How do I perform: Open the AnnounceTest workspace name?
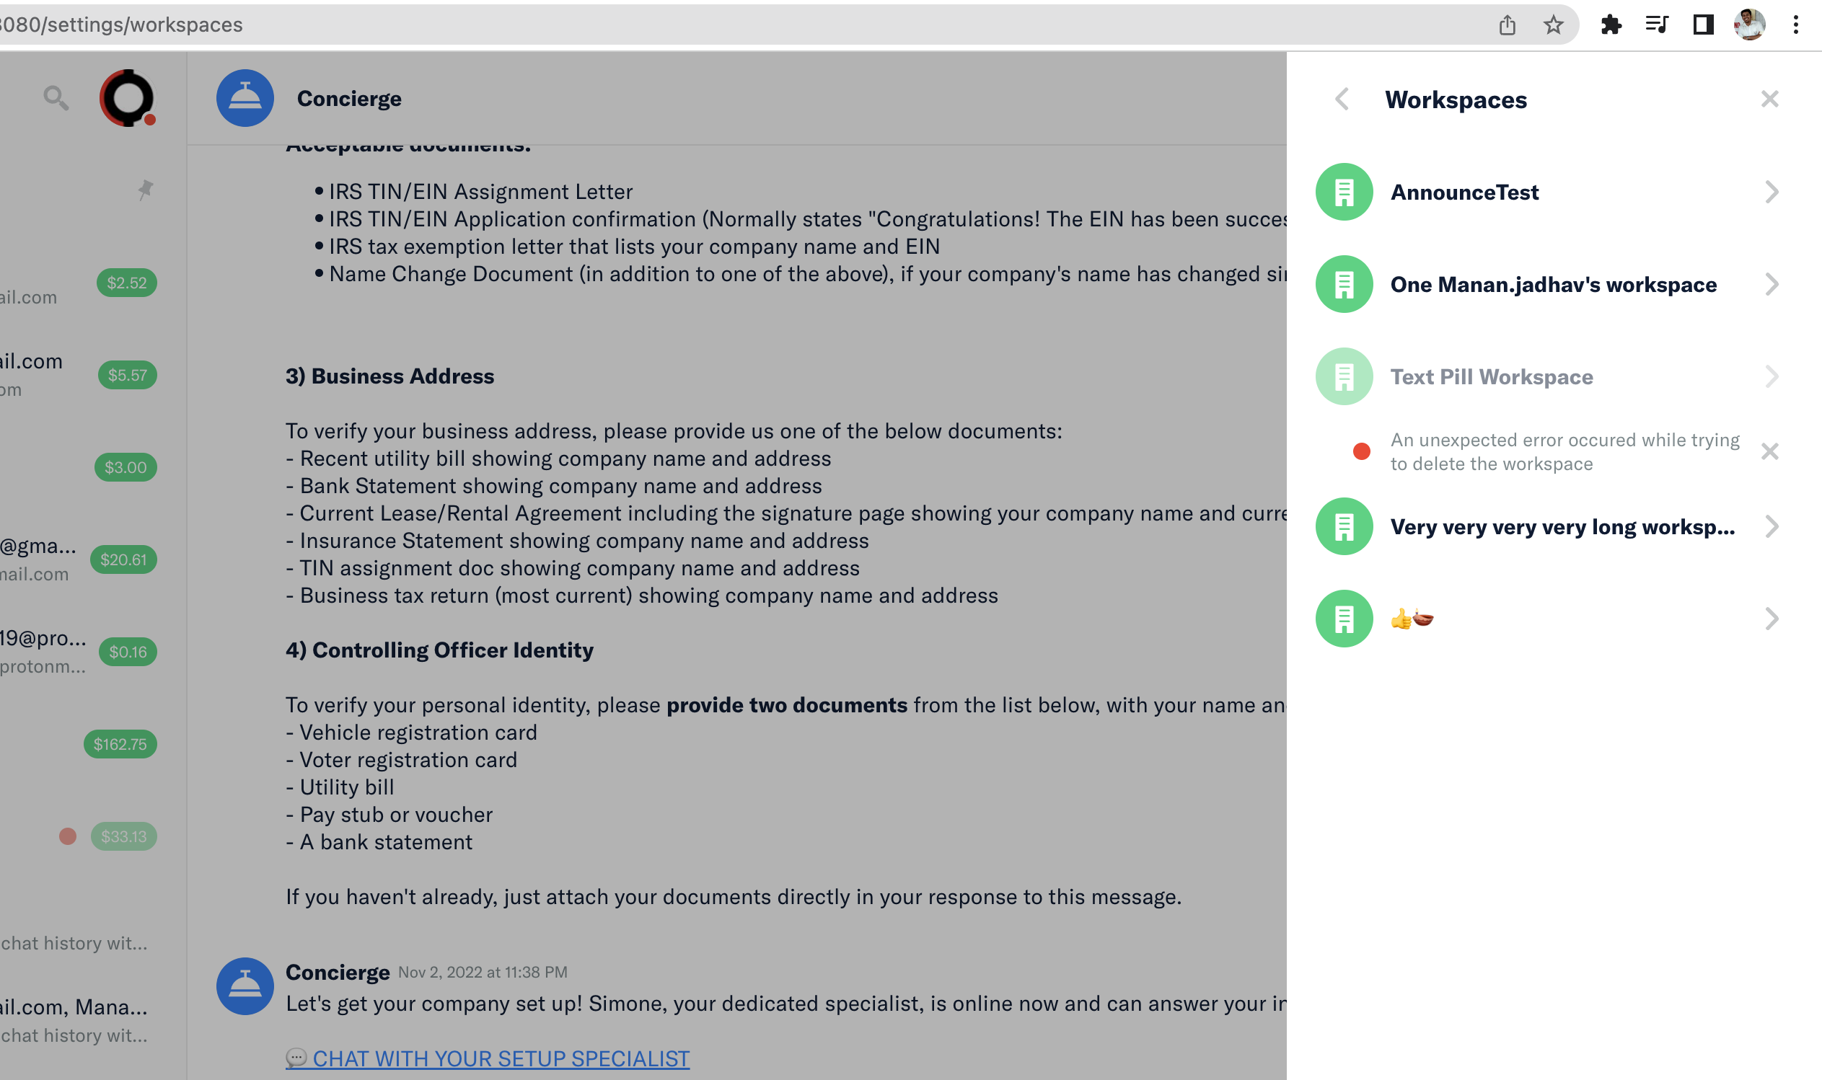point(1464,192)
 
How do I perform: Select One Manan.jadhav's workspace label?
point(1553,285)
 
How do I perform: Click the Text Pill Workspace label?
point(1491,377)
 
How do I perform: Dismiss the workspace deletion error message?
point(1769,452)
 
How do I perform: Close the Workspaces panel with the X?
point(1769,99)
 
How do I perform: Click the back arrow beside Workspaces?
point(1342,99)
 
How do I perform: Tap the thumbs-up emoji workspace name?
point(1412,619)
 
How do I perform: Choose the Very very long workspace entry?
point(1562,527)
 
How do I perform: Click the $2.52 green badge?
point(127,283)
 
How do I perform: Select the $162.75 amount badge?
point(120,745)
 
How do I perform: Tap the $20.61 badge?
point(123,559)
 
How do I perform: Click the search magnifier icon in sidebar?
point(56,97)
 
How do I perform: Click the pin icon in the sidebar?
point(146,190)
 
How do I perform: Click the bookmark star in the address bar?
point(1553,25)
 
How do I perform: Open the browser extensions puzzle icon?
point(1610,25)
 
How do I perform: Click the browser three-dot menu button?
point(1795,25)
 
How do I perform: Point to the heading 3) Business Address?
point(390,376)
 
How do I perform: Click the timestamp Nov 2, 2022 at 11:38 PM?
point(482,973)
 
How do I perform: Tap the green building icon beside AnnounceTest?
point(1344,192)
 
